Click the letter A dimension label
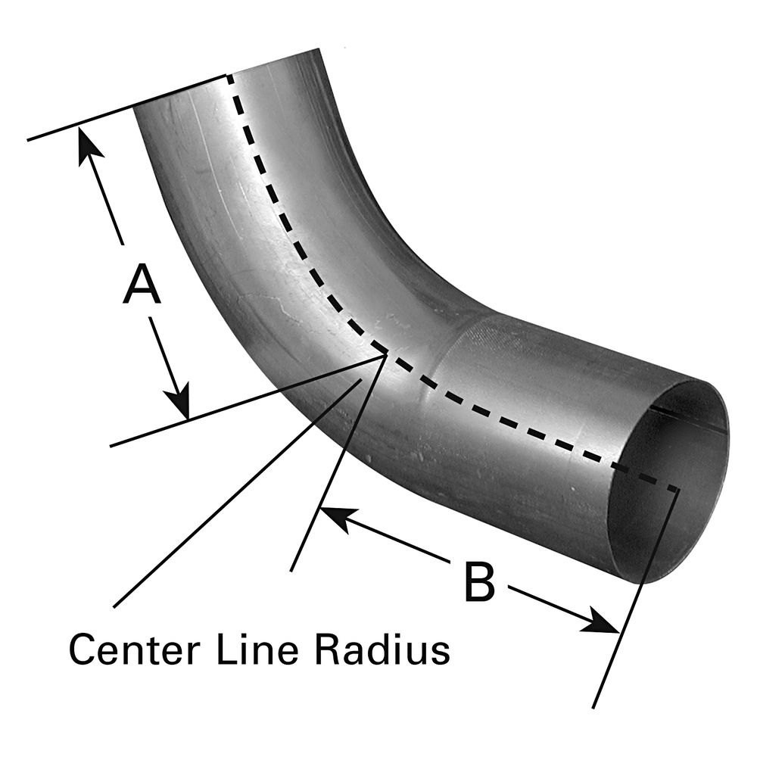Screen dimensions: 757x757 [x=142, y=284]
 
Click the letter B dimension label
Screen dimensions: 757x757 [x=479, y=581]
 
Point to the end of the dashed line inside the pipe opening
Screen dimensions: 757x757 [x=677, y=490]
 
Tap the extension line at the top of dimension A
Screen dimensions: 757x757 [x=127, y=107]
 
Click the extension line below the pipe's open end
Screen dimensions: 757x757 [x=636, y=599]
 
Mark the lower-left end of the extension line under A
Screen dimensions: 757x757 [x=111, y=446]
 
